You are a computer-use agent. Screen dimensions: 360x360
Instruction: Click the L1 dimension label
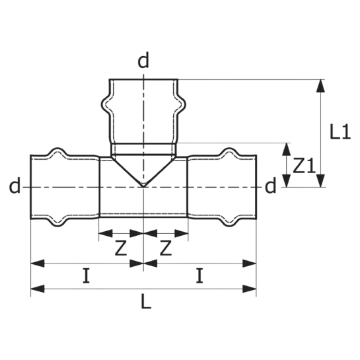[x=340, y=132]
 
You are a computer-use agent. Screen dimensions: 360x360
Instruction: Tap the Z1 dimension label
[x=305, y=165]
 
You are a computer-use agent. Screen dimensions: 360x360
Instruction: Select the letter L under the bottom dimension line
[x=146, y=301]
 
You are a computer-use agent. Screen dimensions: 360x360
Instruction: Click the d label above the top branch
[x=143, y=60]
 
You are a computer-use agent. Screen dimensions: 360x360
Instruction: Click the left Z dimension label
[x=121, y=248]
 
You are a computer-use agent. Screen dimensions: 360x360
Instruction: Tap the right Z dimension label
[x=166, y=248]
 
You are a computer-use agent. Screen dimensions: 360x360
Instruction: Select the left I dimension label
[x=87, y=275]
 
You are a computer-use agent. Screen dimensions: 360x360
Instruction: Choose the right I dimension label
[x=199, y=275]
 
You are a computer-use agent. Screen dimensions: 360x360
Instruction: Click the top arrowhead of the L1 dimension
[x=320, y=86]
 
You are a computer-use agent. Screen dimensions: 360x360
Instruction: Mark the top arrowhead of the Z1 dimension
[x=286, y=149]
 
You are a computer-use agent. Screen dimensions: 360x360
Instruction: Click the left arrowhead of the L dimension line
[x=37, y=289]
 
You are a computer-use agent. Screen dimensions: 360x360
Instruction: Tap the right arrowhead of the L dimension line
[x=250, y=289]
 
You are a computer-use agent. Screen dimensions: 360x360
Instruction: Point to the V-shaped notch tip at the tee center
[x=143, y=187]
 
